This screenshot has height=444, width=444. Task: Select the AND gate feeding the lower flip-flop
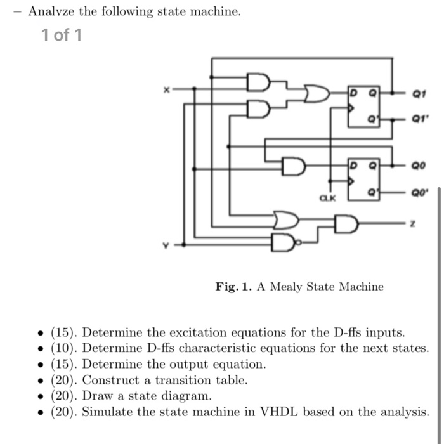point(292,167)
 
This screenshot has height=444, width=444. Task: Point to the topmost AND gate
point(258,84)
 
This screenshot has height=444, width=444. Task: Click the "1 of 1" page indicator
point(61,36)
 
